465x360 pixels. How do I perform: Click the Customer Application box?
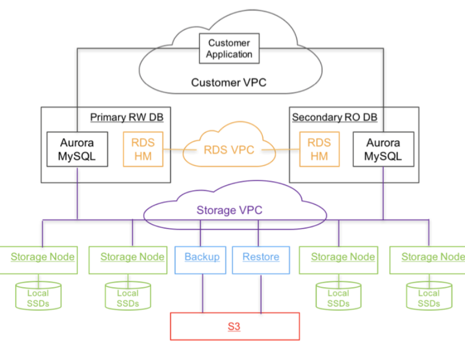[229, 49]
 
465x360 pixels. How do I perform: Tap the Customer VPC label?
[228, 83]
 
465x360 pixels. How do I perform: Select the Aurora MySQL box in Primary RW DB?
[77, 150]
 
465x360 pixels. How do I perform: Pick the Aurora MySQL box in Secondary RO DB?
[383, 150]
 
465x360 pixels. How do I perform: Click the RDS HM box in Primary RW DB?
[143, 149]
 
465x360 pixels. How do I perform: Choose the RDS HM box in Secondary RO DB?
[319, 149]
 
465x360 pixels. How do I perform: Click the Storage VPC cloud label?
[229, 210]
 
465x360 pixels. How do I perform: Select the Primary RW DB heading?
[127, 118]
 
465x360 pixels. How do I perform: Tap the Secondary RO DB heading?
[334, 118]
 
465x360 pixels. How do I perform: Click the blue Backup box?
[202, 257]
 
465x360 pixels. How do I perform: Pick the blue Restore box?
[261, 257]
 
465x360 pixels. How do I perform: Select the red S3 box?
[235, 327]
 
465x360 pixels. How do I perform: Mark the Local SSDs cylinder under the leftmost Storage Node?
[38, 296]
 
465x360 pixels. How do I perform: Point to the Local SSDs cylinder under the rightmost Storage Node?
[428, 296]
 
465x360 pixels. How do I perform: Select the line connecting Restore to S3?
[261, 293]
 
